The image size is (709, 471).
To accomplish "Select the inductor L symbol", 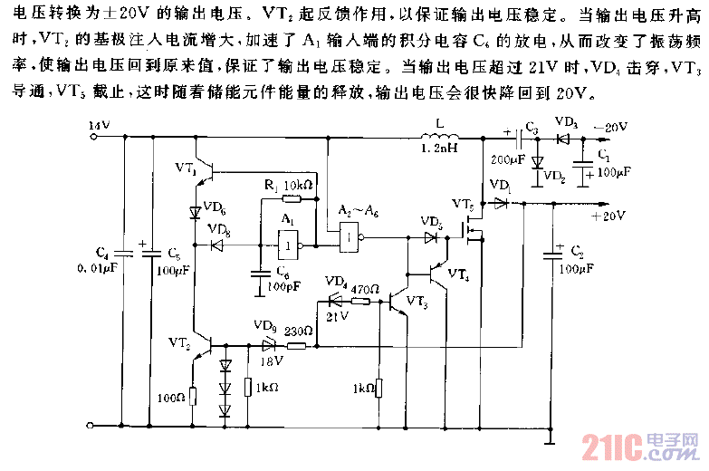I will pyautogui.click(x=440, y=138).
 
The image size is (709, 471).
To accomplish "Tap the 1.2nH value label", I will pyautogui.click(x=439, y=150).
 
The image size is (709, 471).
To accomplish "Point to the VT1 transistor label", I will pyautogui.click(x=185, y=170).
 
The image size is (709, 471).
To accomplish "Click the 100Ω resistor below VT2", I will pyautogui.click(x=193, y=396).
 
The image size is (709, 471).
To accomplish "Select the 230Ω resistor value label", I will pyautogui.click(x=299, y=331).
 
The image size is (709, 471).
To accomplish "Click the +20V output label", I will pyautogui.click(x=608, y=216).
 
